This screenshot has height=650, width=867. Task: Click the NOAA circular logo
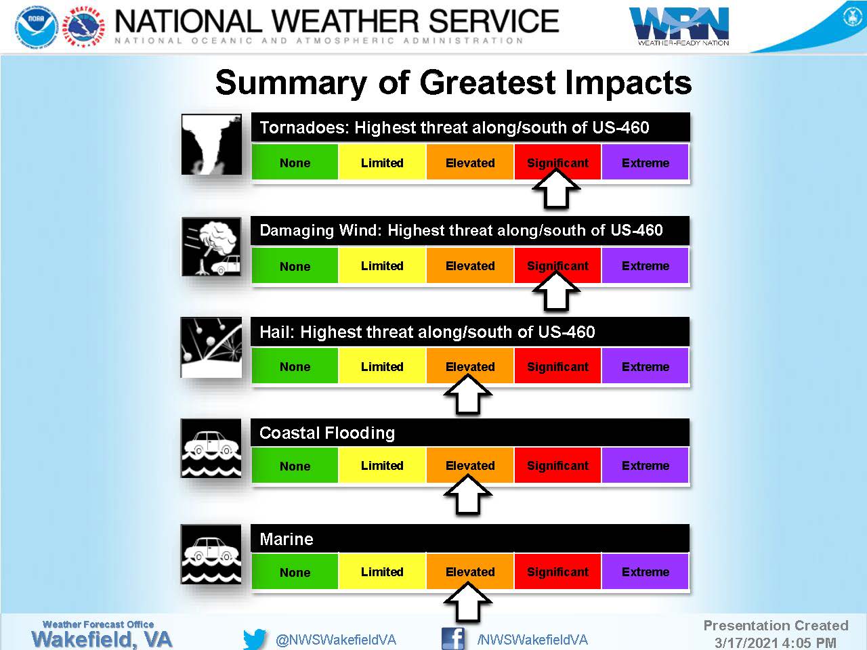coord(37,28)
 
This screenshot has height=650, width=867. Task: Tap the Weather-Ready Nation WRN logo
coord(679,26)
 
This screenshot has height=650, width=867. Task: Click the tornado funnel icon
coord(211,144)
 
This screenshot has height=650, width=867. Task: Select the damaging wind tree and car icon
coord(211,246)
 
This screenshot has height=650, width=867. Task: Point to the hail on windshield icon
coord(211,347)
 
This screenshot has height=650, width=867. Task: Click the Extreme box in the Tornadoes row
coord(645,162)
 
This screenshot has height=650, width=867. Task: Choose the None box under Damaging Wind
coord(295,265)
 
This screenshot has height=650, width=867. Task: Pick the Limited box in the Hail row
coord(382,366)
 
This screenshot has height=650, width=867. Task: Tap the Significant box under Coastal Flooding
coord(557,465)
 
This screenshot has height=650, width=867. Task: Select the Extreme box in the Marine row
coord(645,571)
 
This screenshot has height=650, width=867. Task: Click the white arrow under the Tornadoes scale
coord(556,188)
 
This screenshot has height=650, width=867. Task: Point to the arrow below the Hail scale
coord(468,394)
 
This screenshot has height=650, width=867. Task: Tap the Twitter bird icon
coord(255,639)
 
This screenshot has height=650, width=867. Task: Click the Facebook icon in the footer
coord(453,638)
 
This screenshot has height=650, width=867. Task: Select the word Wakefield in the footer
coord(81,639)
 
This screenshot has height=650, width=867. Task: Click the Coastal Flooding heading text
coord(327,433)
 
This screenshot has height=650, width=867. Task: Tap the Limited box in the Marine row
coord(382,571)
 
